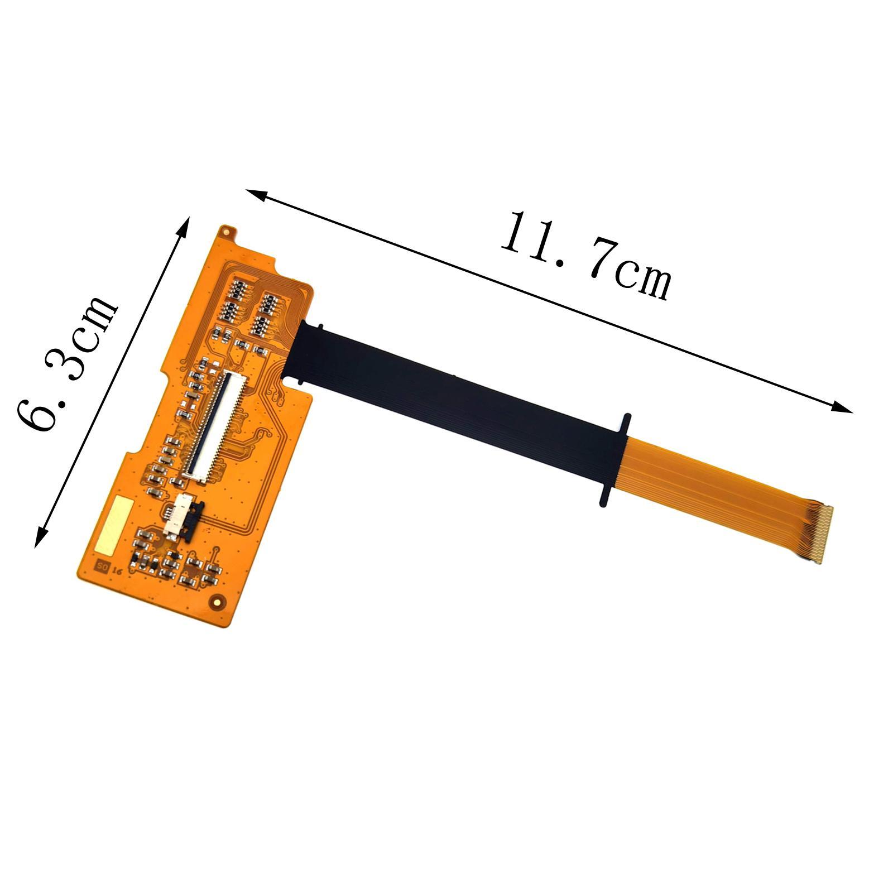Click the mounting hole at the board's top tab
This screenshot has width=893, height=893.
click(x=227, y=231)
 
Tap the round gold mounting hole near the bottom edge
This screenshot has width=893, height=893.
click(x=215, y=601)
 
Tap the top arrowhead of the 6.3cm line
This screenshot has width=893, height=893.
click(x=186, y=224)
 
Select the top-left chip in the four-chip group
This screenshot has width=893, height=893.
click(x=236, y=289)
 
